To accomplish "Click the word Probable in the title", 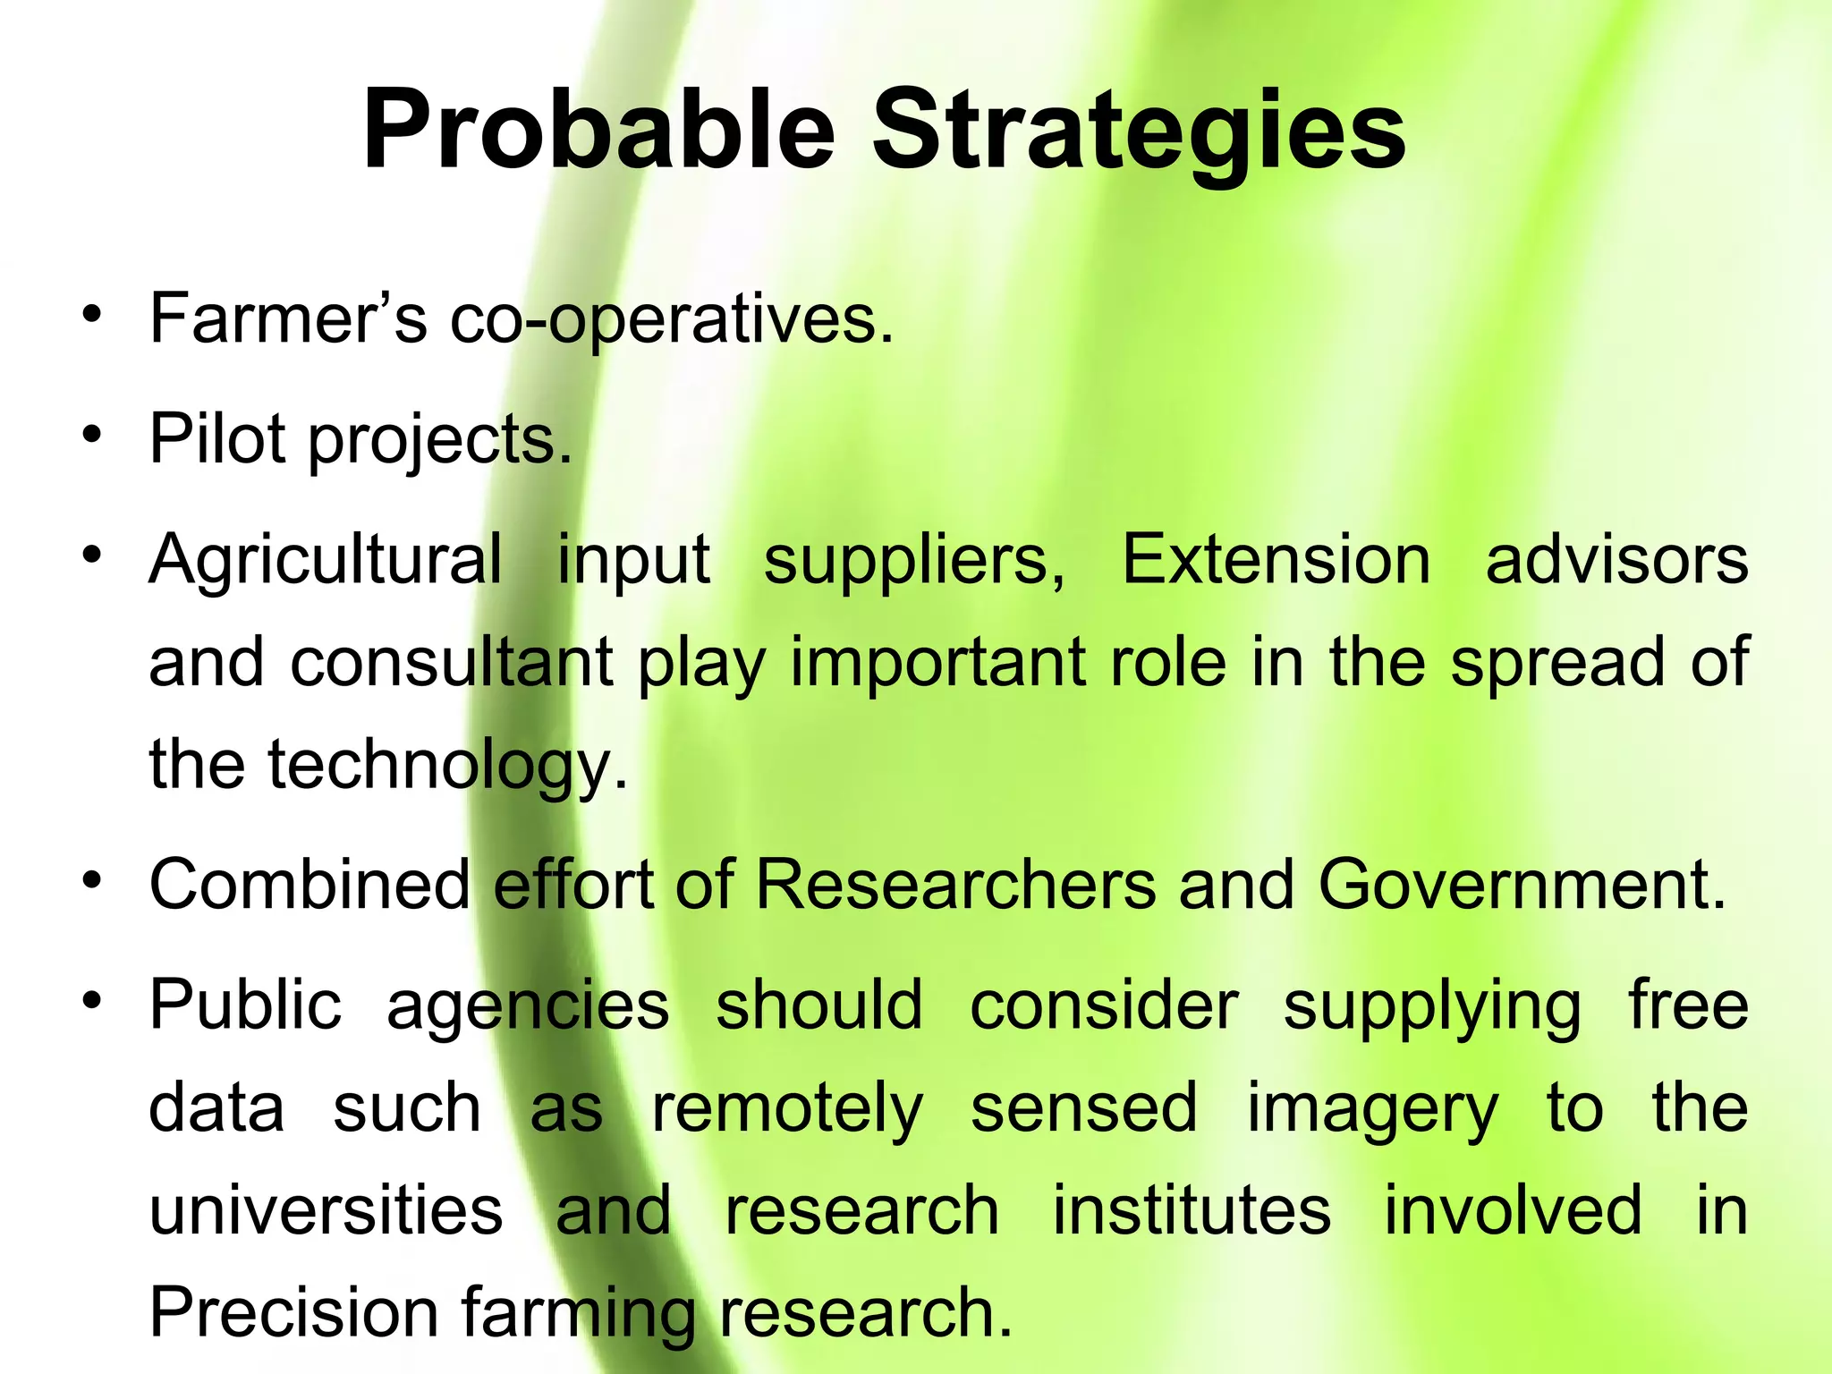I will [x=598, y=131].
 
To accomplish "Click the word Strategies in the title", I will [x=1139, y=131].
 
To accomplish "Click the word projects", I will [x=440, y=442].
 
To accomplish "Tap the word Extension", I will [x=1276, y=560].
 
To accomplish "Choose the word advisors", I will [x=1616, y=560].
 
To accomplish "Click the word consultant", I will [x=452, y=662].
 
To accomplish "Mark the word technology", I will [x=447, y=767].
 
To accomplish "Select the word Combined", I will [x=310, y=884].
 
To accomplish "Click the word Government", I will [x=1522, y=884].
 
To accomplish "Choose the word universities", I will [x=326, y=1209].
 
